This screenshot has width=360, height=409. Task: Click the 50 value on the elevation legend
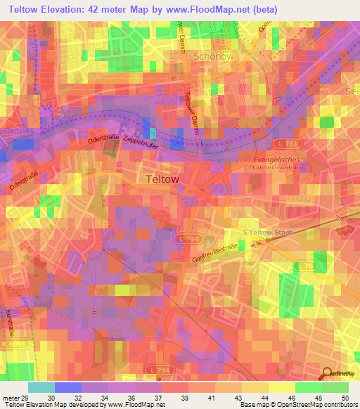coord(344,397)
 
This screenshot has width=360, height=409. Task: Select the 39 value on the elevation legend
coord(184,397)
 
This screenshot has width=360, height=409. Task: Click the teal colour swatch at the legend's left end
coord(41,387)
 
